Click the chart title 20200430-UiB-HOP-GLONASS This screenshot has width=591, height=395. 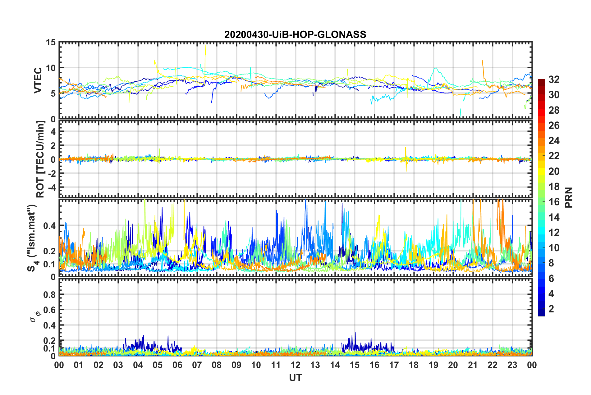pyautogui.click(x=295, y=34)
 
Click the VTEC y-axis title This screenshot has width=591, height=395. pyautogui.click(x=38, y=80)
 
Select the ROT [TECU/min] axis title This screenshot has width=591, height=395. pyautogui.click(x=40, y=159)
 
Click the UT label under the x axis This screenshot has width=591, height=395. pyautogui.click(x=295, y=378)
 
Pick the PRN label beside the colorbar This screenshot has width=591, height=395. pyautogui.click(x=569, y=197)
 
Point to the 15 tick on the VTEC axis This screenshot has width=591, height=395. pyautogui.click(x=50, y=42)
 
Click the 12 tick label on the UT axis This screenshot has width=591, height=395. pyautogui.click(x=295, y=365)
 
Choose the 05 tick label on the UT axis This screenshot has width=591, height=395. pyautogui.click(x=158, y=365)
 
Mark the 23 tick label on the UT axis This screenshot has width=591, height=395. pyautogui.click(x=512, y=365)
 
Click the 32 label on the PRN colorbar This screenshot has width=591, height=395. pyautogui.click(x=554, y=79)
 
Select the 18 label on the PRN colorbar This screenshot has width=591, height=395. pyautogui.click(x=554, y=186)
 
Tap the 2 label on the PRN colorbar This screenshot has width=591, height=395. pyautogui.click(x=551, y=309)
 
